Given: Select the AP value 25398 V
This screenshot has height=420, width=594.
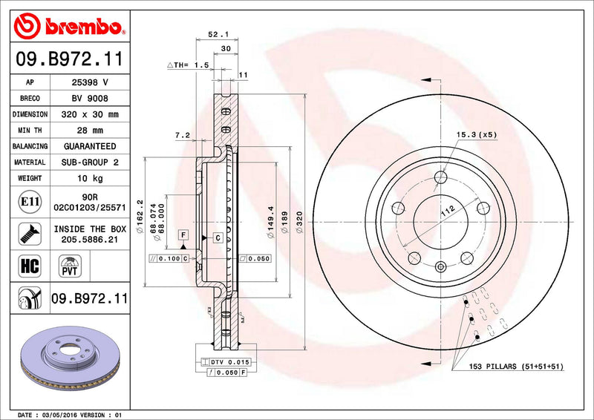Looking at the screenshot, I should (x=88, y=82).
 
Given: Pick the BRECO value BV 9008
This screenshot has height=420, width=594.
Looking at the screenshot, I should (x=88, y=99).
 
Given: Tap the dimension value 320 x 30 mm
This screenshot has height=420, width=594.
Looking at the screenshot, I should (x=88, y=114).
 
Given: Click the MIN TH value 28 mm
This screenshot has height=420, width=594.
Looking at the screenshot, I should (x=88, y=131).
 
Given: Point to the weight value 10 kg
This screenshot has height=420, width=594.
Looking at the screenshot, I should (x=88, y=178).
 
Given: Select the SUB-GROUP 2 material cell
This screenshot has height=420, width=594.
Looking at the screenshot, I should (x=88, y=162).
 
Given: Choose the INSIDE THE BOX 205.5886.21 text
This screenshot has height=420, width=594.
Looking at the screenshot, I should (x=88, y=234).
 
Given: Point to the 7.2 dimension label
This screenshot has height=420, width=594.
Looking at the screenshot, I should (x=183, y=136).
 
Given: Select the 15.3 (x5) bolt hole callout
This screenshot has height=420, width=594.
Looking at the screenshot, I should (x=476, y=135).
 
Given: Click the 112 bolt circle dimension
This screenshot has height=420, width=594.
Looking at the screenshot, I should (x=447, y=211).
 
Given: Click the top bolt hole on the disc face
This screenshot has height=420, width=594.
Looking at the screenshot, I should (x=441, y=177).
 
